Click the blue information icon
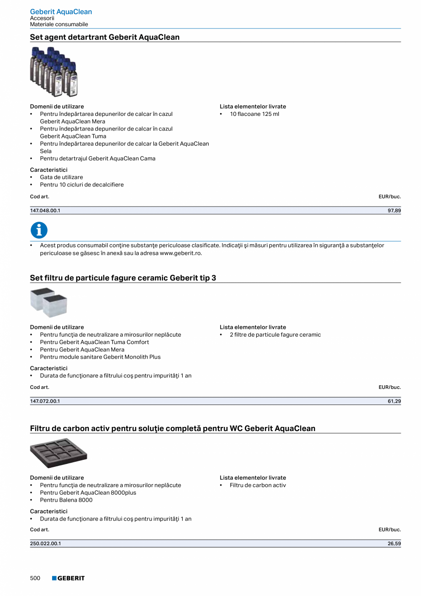[39, 230]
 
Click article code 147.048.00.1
[45, 210]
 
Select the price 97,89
[394, 210]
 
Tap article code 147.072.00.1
[45, 401]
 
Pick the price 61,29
[394, 401]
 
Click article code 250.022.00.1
[46, 544]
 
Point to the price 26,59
[394, 544]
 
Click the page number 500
[35, 578]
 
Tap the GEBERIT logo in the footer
[69, 578]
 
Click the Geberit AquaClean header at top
[61, 11]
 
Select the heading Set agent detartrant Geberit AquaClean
[105, 37]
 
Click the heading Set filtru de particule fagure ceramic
[123, 278]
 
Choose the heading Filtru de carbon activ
[173, 428]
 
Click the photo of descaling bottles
[54, 71]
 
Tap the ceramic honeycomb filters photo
[49, 303]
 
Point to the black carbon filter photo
[59, 453]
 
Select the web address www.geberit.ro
[180, 253]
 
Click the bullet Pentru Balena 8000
[66, 500]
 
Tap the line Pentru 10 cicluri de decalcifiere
[81, 185]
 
